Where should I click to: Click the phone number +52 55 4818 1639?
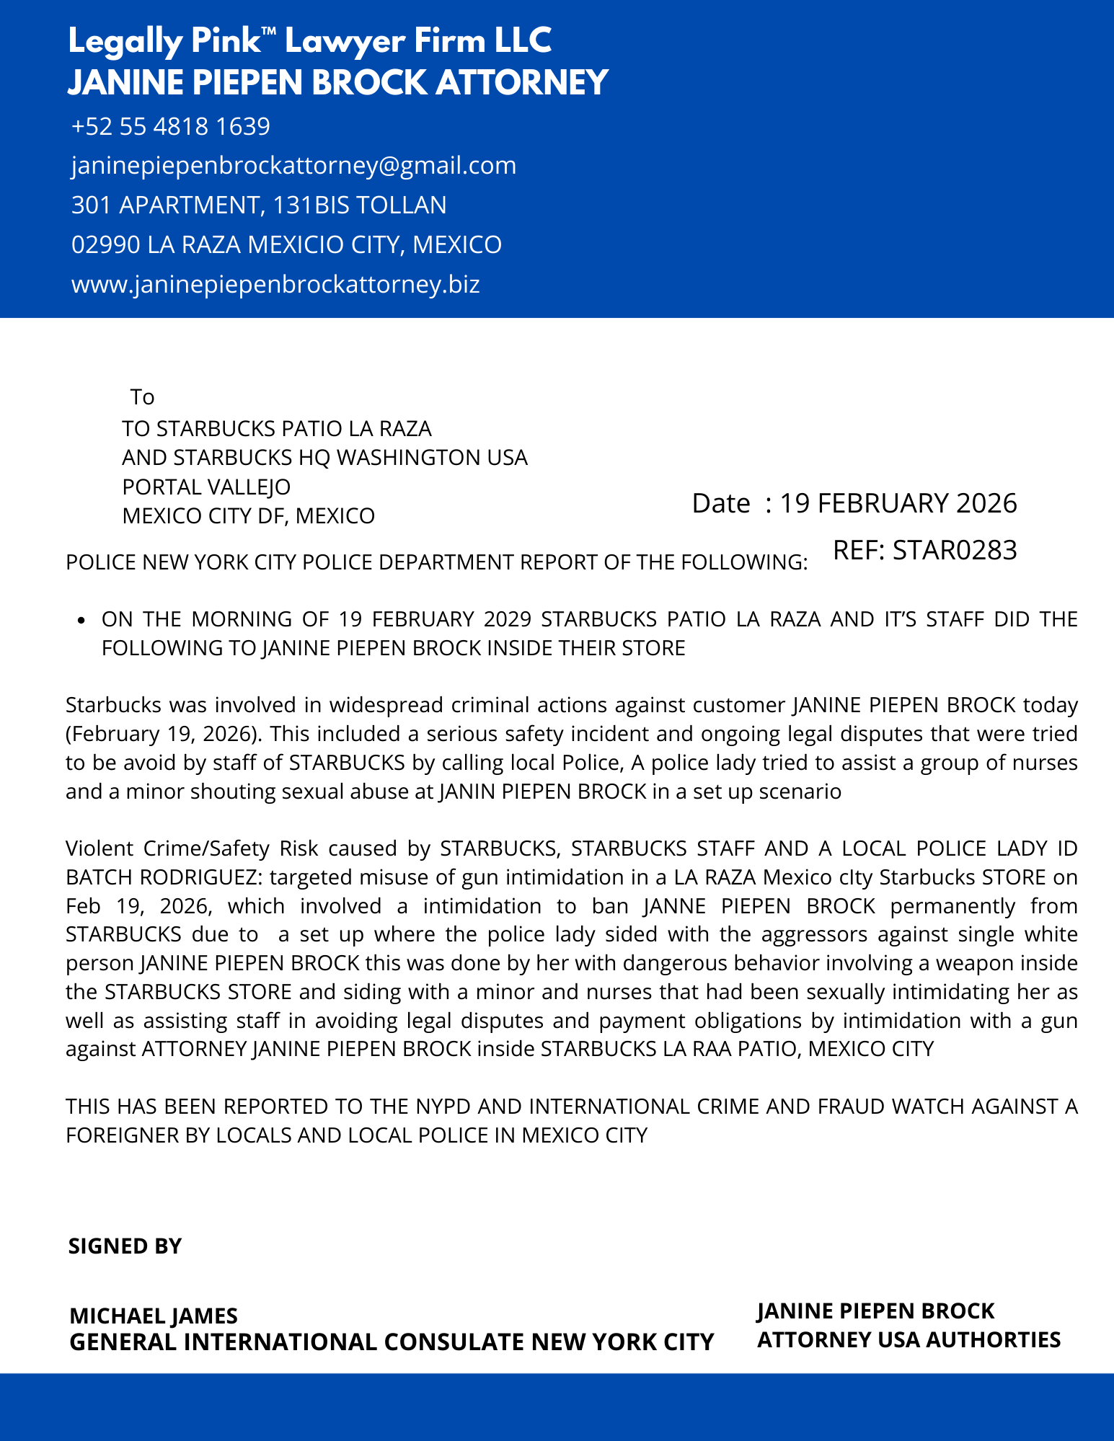(x=171, y=127)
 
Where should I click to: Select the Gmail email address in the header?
(x=293, y=166)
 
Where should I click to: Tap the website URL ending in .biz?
(x=275, y=284)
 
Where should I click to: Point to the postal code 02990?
(x=106, y=245)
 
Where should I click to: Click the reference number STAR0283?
(x=954, y=550)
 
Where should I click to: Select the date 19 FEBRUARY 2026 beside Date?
(x=898, y=503)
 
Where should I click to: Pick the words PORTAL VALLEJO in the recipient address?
(x=206, y=487)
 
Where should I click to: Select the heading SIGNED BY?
(x=125, y=1246)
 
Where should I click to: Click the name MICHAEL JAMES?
(x=154, y=1316)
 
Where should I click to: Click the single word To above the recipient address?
(x=142, y=397)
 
